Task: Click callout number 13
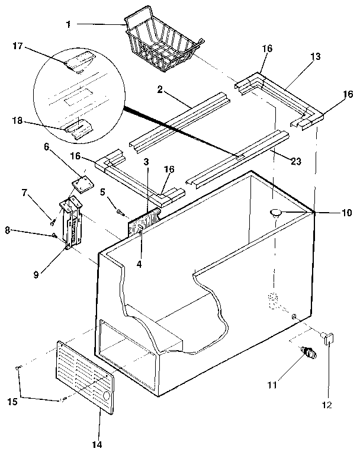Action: click(315, 56)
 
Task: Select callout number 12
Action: click(327, 405)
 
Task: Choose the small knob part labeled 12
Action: click(328, 338)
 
